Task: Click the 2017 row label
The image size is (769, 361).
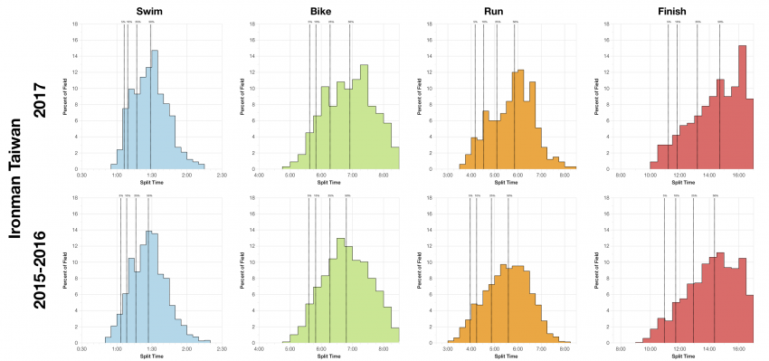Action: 40,96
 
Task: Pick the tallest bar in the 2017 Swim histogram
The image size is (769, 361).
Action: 155,109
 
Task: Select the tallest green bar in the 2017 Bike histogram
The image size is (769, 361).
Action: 364,116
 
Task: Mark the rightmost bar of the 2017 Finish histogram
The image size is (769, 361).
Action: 750,133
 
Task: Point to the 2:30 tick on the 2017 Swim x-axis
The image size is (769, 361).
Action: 222,174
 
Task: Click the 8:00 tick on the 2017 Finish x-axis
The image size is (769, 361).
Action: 621,174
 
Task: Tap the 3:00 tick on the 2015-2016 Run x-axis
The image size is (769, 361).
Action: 447,349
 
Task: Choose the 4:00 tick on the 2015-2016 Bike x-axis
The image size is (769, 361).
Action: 260,349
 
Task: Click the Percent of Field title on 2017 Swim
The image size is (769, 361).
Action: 65,96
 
